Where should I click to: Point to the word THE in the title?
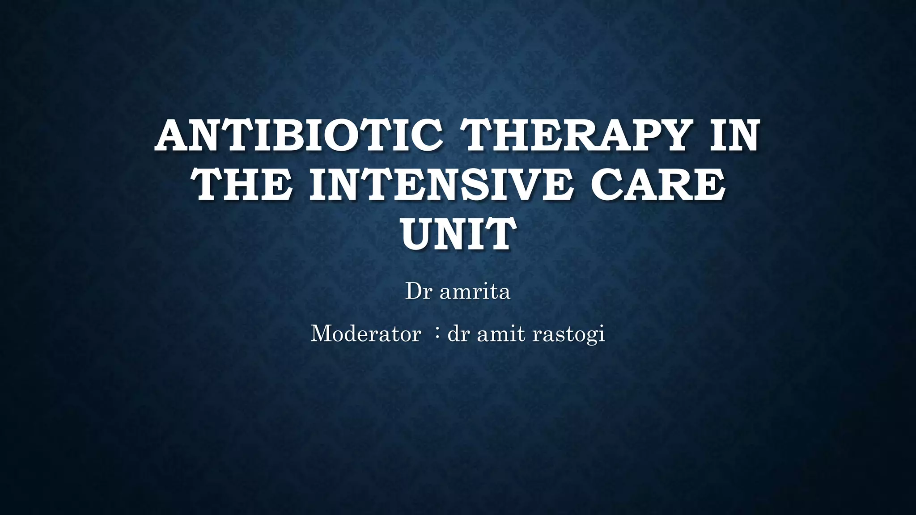click(x=243, y=185)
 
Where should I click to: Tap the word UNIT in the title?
click(x=457, y=234)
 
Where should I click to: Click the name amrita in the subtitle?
click(x=475, y=292)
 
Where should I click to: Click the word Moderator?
click(x=365, y=333)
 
